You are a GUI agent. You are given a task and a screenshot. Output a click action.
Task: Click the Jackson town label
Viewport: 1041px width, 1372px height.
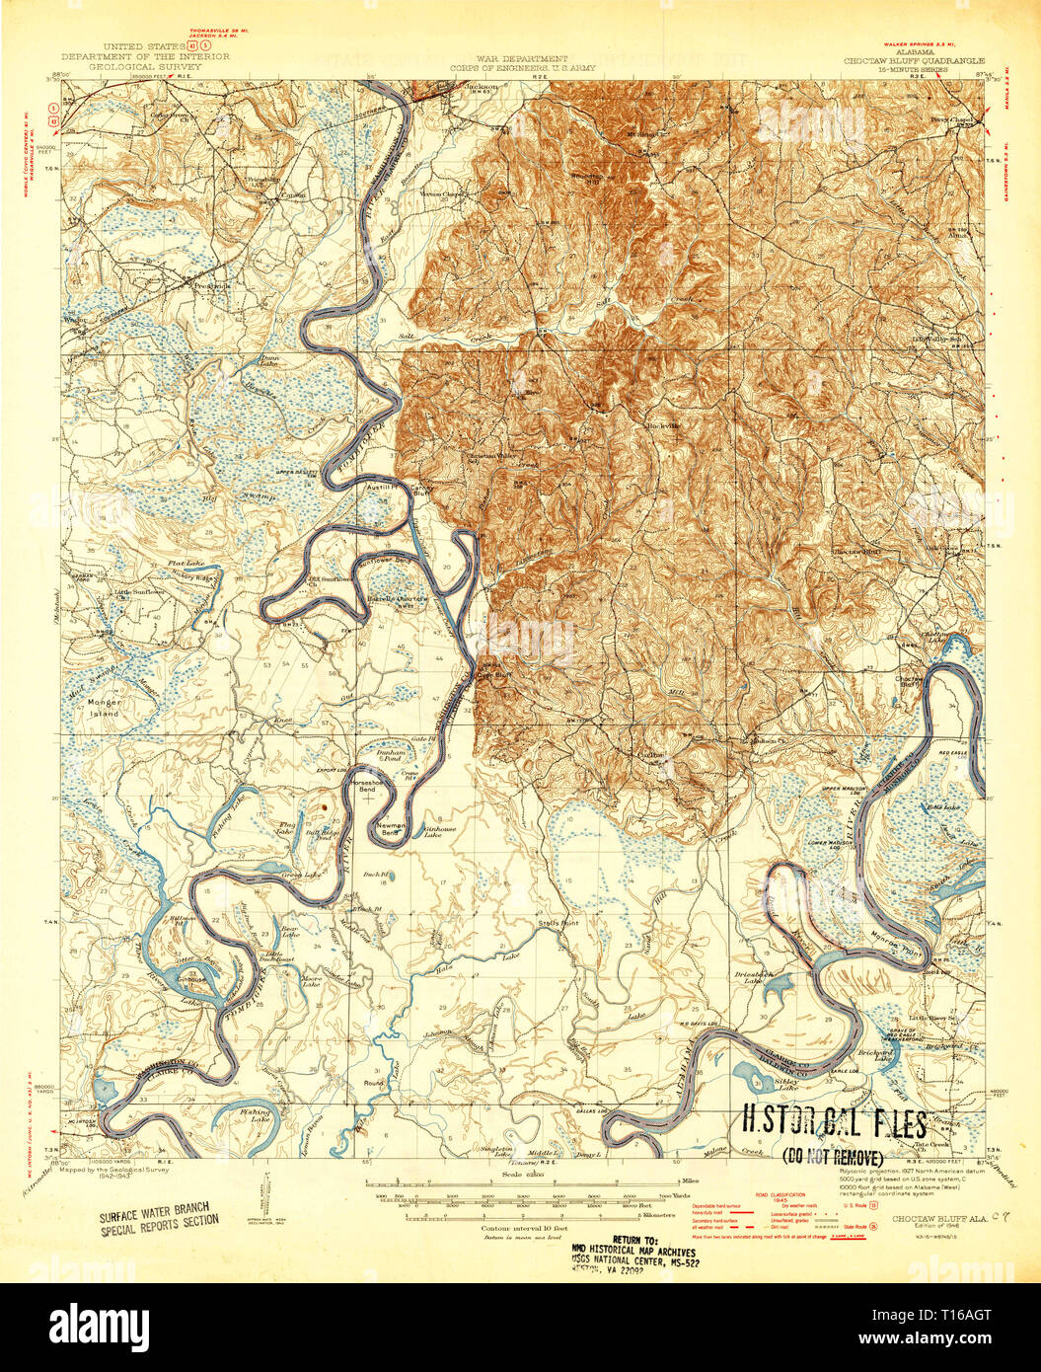coord(481,87)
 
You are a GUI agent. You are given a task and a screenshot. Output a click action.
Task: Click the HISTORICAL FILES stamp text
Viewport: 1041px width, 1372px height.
coord(834,1124)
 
